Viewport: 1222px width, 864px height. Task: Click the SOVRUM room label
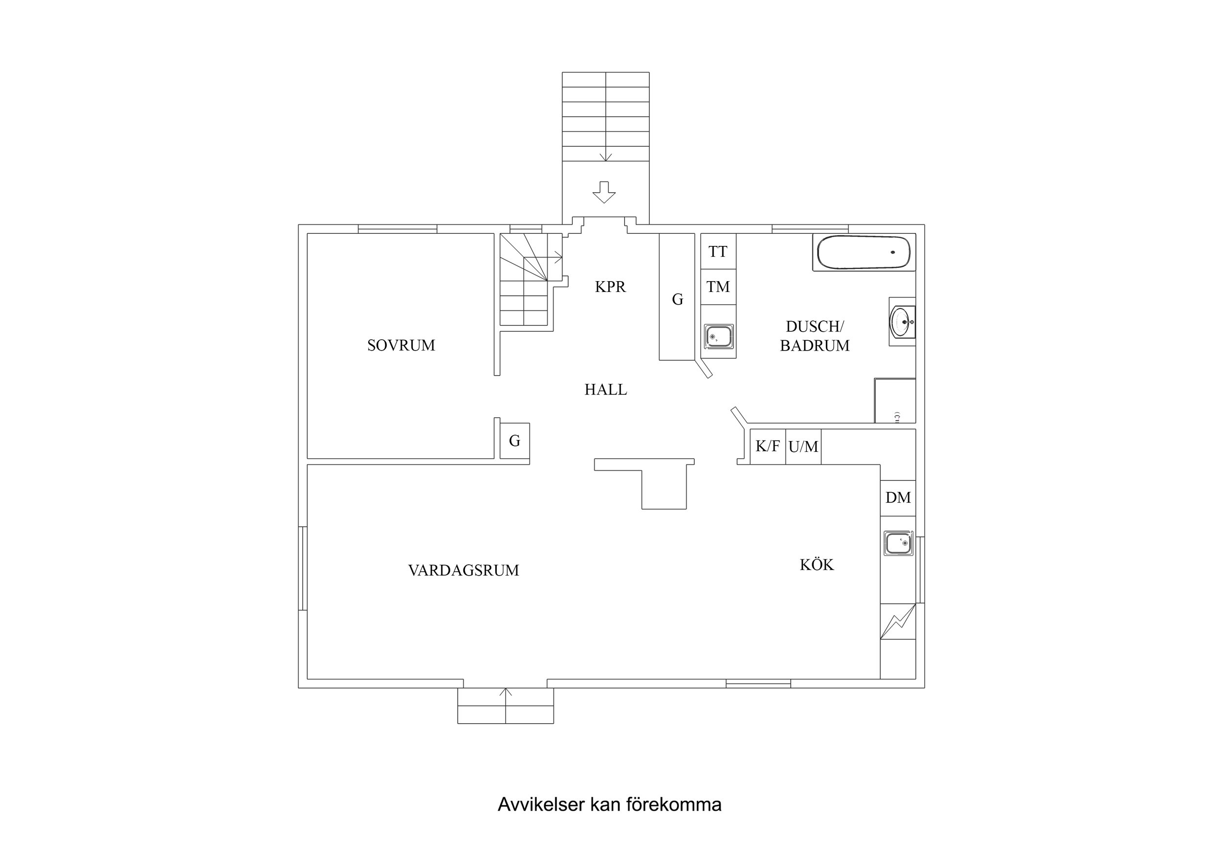pyautogui.click(x=401, y=346)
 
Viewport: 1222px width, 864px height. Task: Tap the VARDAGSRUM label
pyautogui.click(x=463, y=571)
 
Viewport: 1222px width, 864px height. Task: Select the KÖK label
pyautogui.click(x=816, y=565)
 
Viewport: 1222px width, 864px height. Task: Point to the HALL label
pyautogui.click(x=605, y=390)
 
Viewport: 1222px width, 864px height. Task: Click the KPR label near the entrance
pyautogui.click(x=610, y=287)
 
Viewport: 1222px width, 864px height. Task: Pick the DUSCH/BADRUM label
pyautogui.click(x=814, y=336)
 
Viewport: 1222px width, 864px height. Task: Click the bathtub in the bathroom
pyautogui.click(x=864, y=252)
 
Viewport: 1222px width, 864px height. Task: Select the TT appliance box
pyautogui.click(x=717, y=251)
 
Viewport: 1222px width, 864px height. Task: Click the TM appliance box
pyautogui.click(x=717, y=287)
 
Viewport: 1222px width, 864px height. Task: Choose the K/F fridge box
pyautogui.click(x=767, y=446)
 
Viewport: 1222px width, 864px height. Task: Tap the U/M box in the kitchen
pyautogui.click(x=802, y=446)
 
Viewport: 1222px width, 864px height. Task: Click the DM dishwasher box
pyautogui.click(x=897, y=498)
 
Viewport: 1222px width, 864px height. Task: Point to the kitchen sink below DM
pyautogui.click(x=898, y=543)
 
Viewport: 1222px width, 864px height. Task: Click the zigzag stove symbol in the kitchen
pyautogui.click(x=897, y=621)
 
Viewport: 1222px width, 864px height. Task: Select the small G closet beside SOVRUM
pyautogui.click(x=514, y=441)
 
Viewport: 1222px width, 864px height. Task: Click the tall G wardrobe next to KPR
pyautogui.click(x=676, y=299)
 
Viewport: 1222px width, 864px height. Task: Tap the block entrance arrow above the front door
pyautogui.click(x=603, y=192)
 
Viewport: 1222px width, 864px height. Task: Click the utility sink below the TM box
pyautogui.click(x=718, y=336)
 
